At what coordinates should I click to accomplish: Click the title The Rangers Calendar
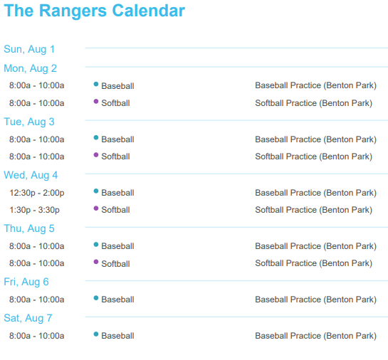point(94,11)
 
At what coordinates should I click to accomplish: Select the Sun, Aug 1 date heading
point(29,49)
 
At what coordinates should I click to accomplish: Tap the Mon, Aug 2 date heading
point(30,68)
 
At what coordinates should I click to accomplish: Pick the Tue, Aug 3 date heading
point(29,122)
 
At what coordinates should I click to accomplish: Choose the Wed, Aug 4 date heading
point(31,175)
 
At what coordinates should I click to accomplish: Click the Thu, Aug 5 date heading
point(29,228)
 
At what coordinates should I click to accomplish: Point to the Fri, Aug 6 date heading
point(26,282)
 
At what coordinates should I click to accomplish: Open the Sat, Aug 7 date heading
point(28,318)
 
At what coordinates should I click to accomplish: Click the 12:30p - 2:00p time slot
point(37,193)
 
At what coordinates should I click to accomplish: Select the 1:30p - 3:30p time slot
point(34,210)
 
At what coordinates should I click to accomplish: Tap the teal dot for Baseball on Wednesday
point(96,191)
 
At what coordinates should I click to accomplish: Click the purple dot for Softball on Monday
point(96,101)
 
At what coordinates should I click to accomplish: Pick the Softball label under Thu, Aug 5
point(115,264)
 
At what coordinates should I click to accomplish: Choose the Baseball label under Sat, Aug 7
point(117,336)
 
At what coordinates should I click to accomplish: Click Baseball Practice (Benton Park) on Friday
point(316,300)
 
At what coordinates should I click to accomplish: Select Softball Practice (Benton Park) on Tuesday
point(314,157)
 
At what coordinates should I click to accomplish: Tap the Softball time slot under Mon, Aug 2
point(36,103)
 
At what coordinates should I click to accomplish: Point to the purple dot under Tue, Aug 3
point(96,155)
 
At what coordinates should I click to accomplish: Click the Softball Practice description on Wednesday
point(314,210)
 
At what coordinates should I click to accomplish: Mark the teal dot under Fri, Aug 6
point(96,298)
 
